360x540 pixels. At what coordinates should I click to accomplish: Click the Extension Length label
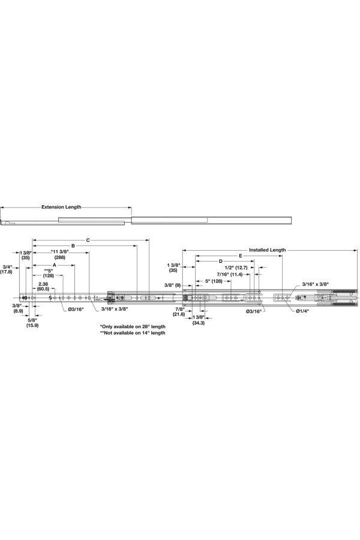point(61,206)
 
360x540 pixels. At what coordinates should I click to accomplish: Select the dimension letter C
point(88,240)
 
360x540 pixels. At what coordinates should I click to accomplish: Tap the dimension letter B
point(73,245)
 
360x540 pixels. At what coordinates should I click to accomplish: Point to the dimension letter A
point(54,264)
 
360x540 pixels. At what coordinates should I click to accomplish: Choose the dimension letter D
point(221,261)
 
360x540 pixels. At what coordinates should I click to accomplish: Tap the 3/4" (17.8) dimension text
point(7,269)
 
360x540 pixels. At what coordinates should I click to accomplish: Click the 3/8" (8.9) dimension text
point(18,308)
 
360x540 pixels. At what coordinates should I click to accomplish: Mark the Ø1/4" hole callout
point(302,311)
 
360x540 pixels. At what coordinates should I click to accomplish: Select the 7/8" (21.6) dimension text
point(179,311)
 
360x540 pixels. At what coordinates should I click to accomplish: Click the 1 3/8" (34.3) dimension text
point(199,320)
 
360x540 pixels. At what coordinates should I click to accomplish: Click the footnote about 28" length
point(133,326)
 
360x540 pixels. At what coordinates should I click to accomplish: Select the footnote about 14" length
point(133,332)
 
